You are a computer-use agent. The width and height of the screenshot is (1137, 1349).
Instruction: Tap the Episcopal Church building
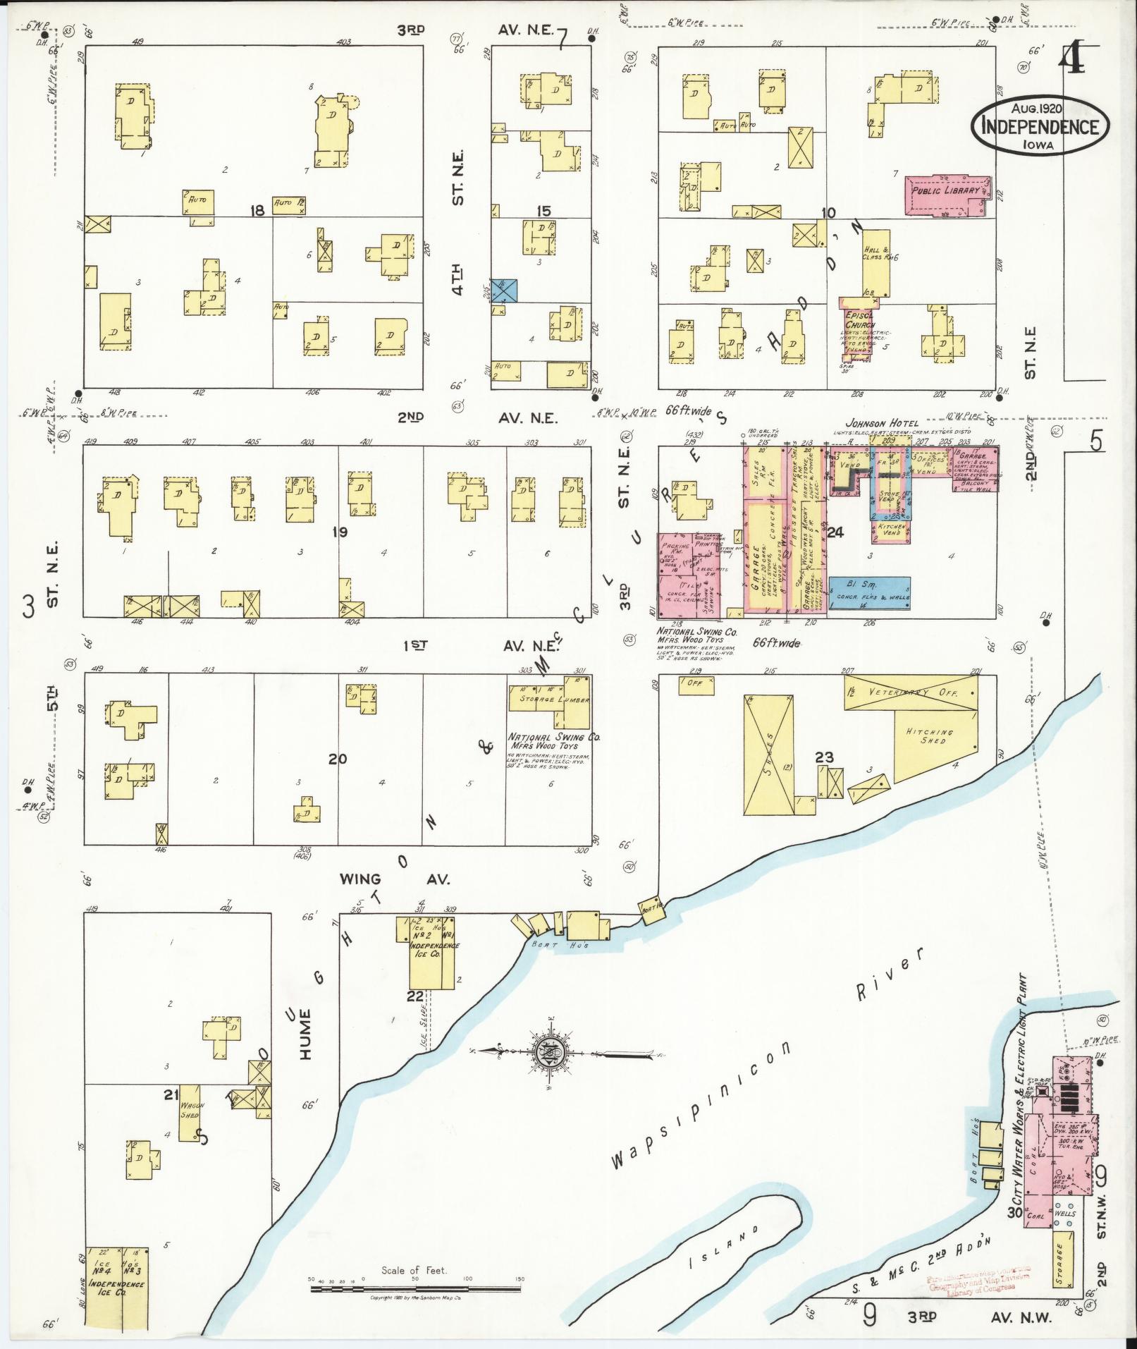click(x=856, y=328)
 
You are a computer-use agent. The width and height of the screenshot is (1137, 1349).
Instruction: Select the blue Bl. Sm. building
click(x=868, y=592)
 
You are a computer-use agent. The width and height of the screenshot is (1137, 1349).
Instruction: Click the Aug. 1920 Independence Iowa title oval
click(x=1040, y=125)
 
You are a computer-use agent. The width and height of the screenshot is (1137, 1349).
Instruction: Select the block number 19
click(x=340, y=532)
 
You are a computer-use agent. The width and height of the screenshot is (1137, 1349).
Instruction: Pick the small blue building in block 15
click(x=505, y=290)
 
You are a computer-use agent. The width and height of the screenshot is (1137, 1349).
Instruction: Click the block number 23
click(x=823, y=757)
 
